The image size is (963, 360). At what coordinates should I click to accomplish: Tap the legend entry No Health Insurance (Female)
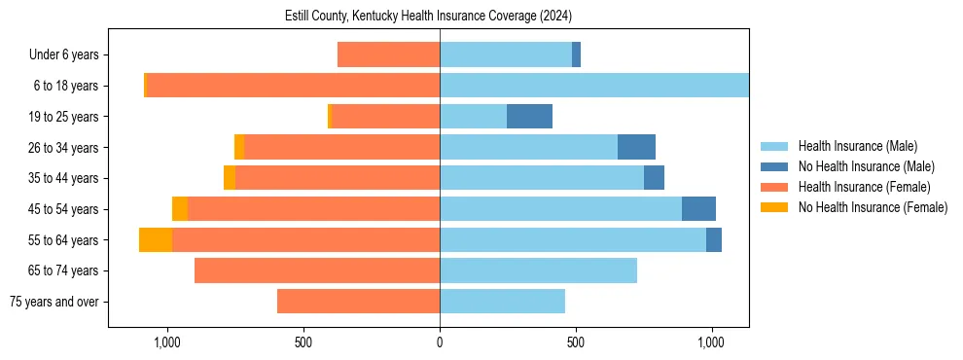point(873,207)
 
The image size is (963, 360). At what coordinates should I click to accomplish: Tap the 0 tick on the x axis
point(440,342)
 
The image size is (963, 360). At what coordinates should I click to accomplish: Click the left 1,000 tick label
point(167,342)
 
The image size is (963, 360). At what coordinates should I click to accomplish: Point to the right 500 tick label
point(576,342)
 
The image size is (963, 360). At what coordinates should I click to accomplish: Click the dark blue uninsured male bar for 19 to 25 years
point(529,117)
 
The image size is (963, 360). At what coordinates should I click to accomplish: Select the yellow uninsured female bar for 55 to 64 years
point(156,239)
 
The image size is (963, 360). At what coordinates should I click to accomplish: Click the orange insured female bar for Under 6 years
point(388,55)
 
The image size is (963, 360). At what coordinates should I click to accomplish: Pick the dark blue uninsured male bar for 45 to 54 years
point(698,209)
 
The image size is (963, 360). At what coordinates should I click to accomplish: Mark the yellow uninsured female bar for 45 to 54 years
point(180,209)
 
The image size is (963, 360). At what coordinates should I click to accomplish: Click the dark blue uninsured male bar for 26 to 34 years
point(636,148)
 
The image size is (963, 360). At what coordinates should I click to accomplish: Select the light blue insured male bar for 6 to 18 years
point(593,86)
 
